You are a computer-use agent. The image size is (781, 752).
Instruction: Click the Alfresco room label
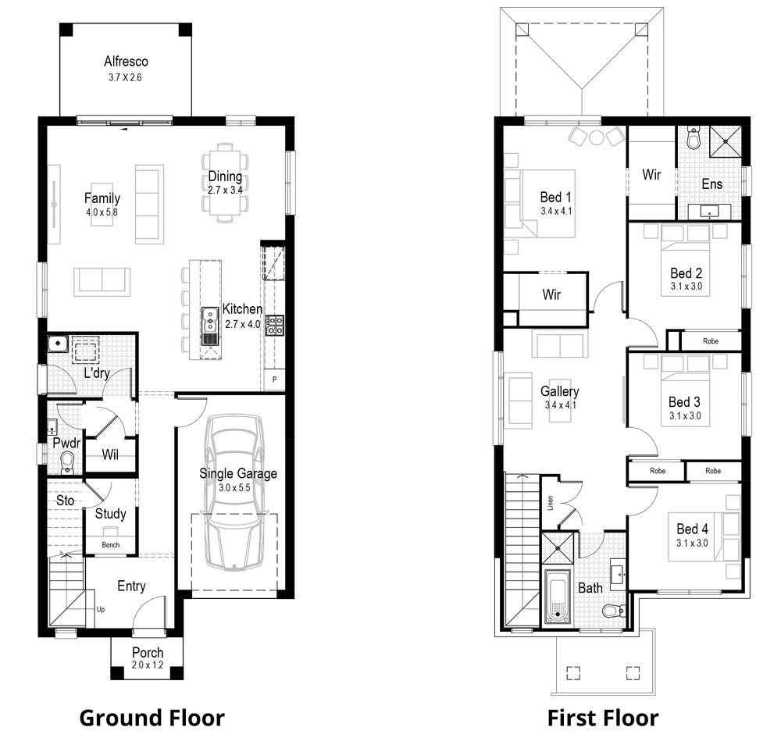[126, 61]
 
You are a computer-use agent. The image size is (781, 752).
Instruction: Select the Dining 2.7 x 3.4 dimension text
[226, 190]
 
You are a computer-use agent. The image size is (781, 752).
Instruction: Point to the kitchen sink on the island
[211, 317]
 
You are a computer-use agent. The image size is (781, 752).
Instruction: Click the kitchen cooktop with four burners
[274, 326]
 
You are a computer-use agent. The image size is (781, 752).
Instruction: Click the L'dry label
[96, 373]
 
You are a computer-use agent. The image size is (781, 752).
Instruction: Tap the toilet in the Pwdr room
[66, 461]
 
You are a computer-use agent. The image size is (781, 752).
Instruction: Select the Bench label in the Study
[111, 545]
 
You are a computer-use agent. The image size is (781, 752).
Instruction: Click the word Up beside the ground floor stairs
[100, 608]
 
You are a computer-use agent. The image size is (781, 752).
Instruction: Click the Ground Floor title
[152, 718]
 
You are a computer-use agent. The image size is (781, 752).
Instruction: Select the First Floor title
[602, 718]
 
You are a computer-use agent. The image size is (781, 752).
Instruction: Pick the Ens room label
[711, 184]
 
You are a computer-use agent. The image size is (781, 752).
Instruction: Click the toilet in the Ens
[693, 140]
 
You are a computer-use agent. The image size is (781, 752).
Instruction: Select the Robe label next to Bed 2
[711, 341]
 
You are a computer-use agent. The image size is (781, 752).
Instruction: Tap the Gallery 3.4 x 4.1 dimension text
[560, 405]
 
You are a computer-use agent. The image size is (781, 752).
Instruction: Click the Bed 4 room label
[692, 529]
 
